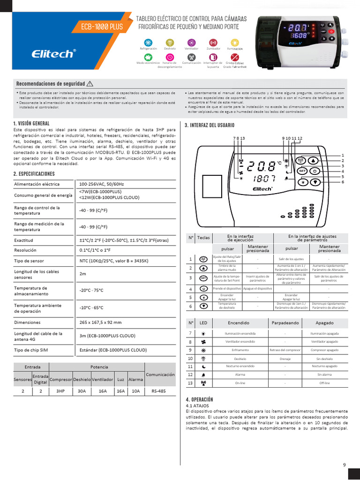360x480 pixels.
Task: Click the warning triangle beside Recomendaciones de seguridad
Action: tap(90, 83)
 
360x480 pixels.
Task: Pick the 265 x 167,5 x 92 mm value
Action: tap(100, 322)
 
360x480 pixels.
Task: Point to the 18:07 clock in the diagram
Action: tap(263, 179)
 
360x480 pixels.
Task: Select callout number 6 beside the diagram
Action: tap(343, 181)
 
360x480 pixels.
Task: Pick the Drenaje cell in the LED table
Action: tap(285, 358)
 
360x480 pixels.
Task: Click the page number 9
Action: tap(344, 465)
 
